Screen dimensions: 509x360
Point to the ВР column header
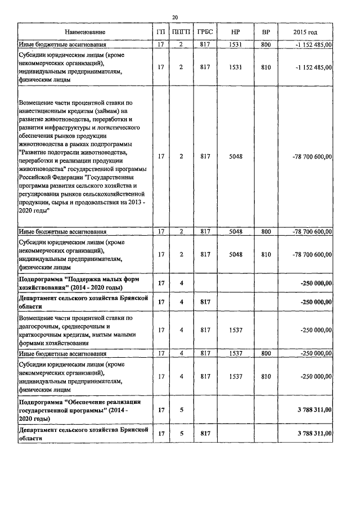(x=266, y=32)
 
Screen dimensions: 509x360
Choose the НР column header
(x=236, y=32)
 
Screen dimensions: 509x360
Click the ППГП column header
(x=181, y=32)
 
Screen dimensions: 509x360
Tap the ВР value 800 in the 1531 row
(x=266, y=44)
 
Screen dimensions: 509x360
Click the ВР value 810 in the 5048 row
(x=266, y=255)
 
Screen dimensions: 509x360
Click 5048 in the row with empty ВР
(x=236, y=156)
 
